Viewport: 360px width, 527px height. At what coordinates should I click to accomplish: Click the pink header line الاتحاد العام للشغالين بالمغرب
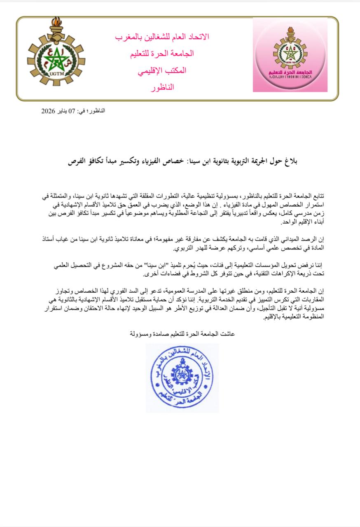point(162,37)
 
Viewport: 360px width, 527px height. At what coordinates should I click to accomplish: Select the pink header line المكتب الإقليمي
point(162,70)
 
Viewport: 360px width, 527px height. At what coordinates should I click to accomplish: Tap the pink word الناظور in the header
point(162,87)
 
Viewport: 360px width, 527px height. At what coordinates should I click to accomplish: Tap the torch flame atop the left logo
point(56,26)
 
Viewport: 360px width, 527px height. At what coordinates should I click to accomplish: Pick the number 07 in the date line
point(72,111)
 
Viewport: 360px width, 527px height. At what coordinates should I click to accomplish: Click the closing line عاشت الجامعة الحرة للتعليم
point(182,333)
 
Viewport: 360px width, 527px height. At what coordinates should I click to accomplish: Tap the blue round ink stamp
point(182,378)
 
